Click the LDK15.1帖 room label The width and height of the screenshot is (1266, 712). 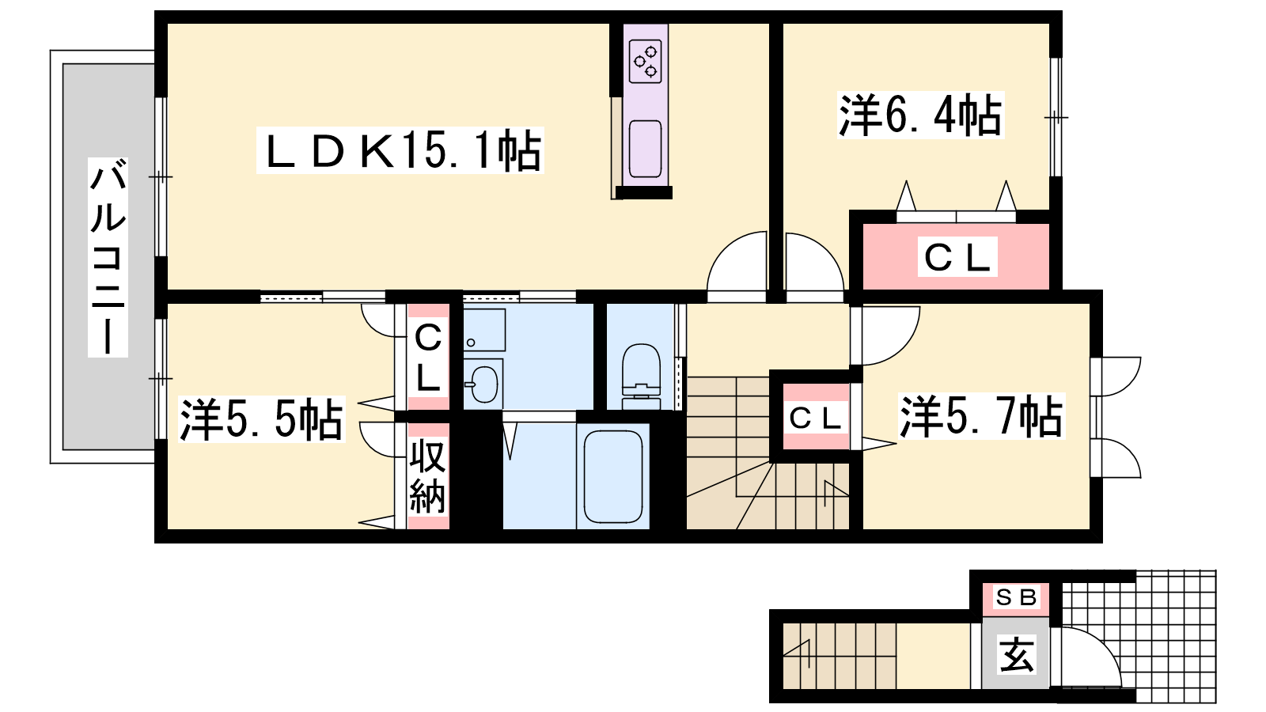(x=400, y=150)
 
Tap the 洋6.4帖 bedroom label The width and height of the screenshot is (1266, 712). (x=921, y=116)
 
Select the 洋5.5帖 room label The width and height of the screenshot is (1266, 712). (x=262, y=418)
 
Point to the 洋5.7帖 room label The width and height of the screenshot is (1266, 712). (x=982, y=416)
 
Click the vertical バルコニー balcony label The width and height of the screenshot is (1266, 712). (x=108, y=257)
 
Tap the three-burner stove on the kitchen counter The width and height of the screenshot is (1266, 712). (x=646, y=62)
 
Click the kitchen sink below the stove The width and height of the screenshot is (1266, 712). (x=646, y=149)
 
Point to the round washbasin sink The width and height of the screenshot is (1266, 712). (x=483, y=384)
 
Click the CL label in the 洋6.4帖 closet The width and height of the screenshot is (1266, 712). (x=957, y=257)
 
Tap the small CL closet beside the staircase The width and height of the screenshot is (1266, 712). (x=816, y=417)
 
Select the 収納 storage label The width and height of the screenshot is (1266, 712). (x=428, y=475)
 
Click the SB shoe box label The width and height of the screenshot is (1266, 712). (x=1016, y=596)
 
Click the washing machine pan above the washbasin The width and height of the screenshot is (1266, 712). (x=484, y=329)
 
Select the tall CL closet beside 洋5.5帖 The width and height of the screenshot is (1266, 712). (x=428, y=357)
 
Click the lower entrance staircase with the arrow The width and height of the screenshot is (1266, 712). (x=839, y=656)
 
